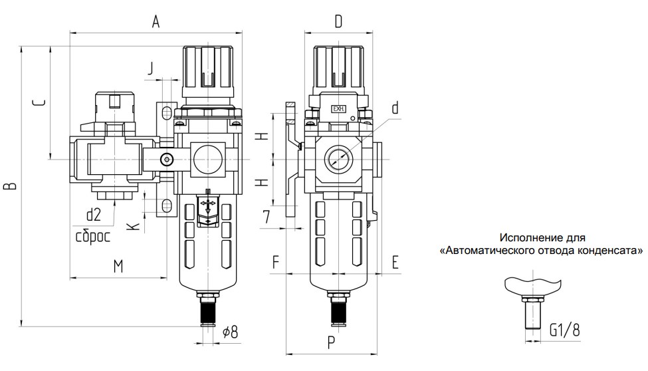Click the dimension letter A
point(156,21)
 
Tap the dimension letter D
point(338,22)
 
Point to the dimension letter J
point(152,67)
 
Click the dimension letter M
point(117,267)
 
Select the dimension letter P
point(331,344)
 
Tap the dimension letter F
point(274,262)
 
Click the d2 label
point(93,215)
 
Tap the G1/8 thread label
point(565,329)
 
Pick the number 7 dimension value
point(266,216)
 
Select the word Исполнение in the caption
point(534,237)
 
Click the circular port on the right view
point(338,158)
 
